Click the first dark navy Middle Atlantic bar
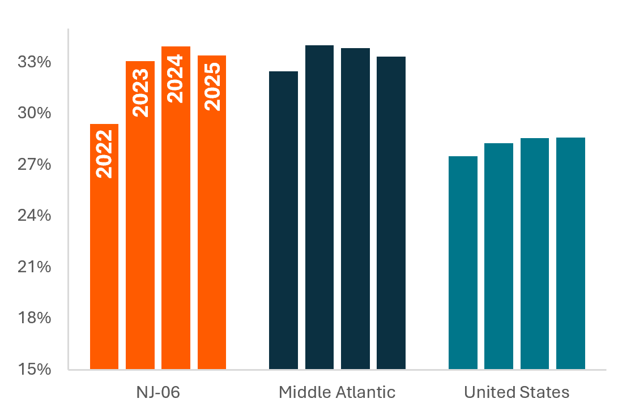click(283, 221)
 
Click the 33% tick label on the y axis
click(35, 62)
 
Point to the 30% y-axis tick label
click(35, 113)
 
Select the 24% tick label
click(35, 216)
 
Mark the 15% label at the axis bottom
click(35, 370)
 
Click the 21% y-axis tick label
click(35, 267)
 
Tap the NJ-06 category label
click(158, 392)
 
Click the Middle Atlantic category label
click(337, 392)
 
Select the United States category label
click(517, 392)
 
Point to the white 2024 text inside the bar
click(176, 78)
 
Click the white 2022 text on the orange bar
click(104, 154)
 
